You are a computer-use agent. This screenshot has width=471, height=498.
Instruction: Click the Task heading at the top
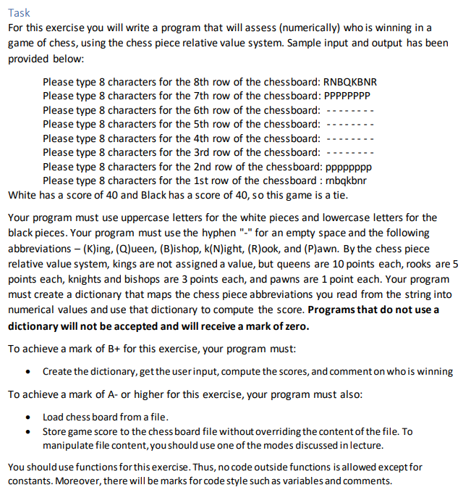[20, 13]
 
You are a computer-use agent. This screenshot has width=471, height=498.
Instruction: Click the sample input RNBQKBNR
[351, 82]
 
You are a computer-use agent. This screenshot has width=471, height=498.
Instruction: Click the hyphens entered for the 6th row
[350, 110]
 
